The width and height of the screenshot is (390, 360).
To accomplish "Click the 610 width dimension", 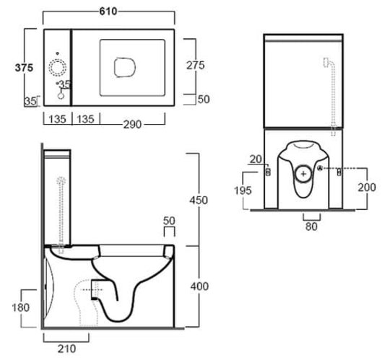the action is (108, 11).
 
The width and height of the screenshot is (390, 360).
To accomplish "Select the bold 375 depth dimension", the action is (24, 68).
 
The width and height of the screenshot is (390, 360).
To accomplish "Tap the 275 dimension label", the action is (196, 66).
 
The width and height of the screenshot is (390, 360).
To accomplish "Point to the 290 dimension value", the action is (133, 125).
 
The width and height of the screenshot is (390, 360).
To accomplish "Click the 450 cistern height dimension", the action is (199, 201).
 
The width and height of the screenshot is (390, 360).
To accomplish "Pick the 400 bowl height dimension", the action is (199, 286).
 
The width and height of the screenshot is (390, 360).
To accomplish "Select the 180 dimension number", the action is (21, 307).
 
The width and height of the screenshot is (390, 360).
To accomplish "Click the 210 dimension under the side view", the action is (66, 349).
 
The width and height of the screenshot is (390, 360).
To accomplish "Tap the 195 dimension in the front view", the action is (243, 190).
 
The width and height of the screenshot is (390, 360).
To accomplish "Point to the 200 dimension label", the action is (367, 187).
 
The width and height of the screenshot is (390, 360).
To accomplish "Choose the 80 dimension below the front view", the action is (311, 227).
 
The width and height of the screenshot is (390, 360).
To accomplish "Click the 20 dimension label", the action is (256, 159).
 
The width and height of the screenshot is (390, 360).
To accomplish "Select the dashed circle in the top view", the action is (58, 68).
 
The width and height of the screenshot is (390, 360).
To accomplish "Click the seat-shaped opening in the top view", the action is (125, 67).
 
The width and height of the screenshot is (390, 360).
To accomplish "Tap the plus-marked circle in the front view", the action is (303, 174).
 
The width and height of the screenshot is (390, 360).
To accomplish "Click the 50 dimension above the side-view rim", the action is (169, 221).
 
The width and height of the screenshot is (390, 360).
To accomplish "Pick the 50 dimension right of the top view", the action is (204, 99).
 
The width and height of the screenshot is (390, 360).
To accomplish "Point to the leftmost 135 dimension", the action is (57, 119).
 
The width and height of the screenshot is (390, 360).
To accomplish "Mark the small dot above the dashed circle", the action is (58, 53).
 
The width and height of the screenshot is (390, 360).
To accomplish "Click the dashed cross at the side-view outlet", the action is (92, 290).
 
